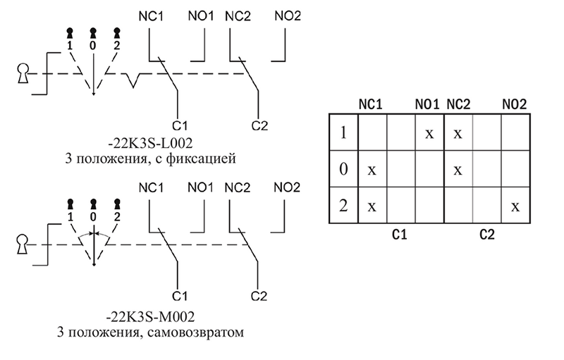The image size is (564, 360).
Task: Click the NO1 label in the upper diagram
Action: point(201,16)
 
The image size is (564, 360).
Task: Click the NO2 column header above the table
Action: point(514,104)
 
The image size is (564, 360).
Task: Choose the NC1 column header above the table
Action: point(371,104)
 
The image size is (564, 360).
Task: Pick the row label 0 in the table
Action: point(343,169)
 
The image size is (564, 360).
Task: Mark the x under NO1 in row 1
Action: point(429,133)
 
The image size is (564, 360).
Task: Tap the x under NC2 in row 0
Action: point(458,170)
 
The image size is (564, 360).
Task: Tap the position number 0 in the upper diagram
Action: point(93,46)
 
